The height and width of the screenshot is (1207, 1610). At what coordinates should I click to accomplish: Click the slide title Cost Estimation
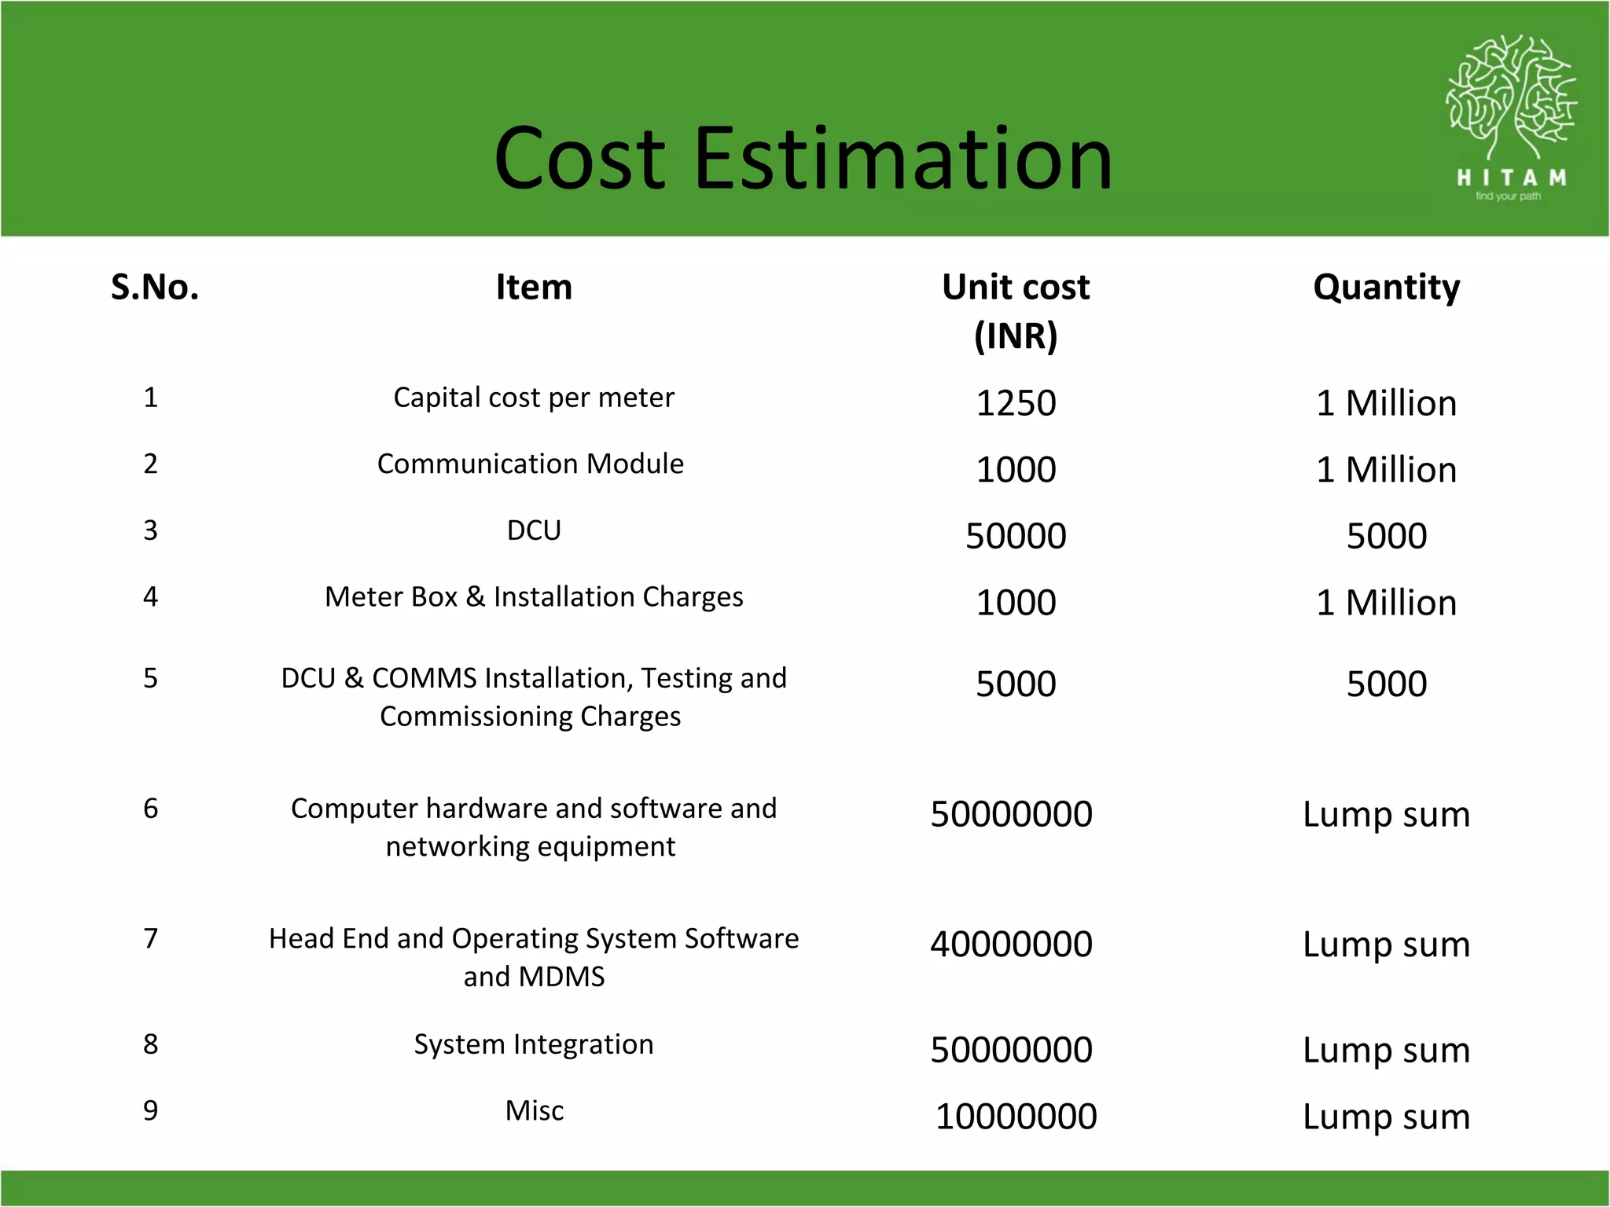(803, 159)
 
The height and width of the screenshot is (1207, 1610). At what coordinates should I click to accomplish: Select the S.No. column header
(155, 287)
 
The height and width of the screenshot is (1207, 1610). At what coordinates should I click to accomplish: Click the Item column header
(534, 287)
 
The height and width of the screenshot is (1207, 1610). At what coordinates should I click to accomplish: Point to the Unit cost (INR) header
(1016, 311)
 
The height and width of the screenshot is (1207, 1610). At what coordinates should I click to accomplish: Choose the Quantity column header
(1386, 287)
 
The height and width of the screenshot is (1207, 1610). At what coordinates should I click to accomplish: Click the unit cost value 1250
(1016, 403)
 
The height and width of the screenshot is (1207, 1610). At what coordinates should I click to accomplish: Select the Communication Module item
(531, 464)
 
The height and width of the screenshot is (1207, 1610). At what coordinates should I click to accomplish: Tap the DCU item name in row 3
(534, 530)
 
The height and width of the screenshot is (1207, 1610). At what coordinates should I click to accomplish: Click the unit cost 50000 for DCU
(1016, 536)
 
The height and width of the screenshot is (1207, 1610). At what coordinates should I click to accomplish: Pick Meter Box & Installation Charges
(534, 597)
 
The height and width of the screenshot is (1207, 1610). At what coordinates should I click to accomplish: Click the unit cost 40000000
(1011, 944)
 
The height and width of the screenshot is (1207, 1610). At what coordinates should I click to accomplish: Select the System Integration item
(534, 1044)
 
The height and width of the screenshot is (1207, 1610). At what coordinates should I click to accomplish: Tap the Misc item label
(535, 1110)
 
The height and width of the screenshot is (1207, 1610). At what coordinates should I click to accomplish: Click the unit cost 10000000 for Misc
(1016, 1117)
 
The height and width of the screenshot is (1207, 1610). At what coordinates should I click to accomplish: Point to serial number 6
(151, 809)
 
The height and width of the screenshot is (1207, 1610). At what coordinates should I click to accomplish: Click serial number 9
(151, 1110)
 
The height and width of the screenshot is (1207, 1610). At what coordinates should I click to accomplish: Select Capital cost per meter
(534, 398)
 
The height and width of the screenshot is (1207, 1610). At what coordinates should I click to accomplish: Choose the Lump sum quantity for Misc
(1386, 1117)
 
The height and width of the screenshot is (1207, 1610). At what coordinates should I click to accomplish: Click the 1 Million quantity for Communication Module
(1386, 470)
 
